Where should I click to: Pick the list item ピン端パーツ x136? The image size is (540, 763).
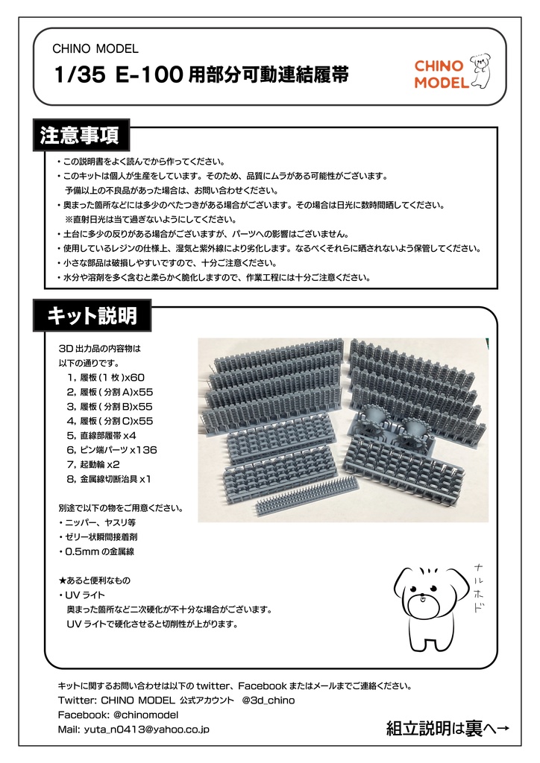point(112,449)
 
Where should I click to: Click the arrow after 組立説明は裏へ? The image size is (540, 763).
point(501,729)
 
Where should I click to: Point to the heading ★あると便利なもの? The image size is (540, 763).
point(94,580)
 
